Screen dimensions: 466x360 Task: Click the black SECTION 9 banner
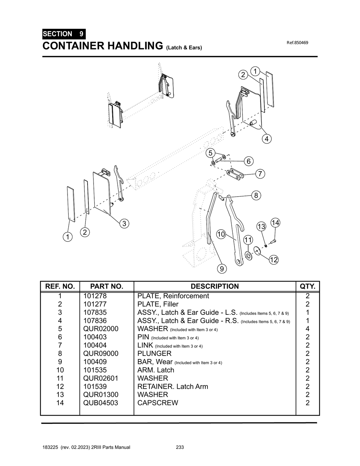coord(63,34)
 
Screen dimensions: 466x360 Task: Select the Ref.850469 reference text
coord(297,43)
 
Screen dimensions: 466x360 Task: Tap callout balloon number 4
coord(266,139)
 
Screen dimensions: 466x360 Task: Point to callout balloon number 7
coord(260,174)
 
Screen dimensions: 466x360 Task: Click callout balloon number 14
coord(275,223)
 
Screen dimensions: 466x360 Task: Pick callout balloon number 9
coord(221,269)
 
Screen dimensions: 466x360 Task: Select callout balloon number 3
coord(124,223)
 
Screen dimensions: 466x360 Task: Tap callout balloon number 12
coord(274,260)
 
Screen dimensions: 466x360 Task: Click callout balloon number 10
coord(221,234)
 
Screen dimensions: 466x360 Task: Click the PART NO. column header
coord(107,286)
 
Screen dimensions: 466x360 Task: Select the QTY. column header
coord(308,286)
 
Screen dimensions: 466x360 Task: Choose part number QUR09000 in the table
coord(101,353)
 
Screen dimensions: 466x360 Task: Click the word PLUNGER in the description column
coord(154,353)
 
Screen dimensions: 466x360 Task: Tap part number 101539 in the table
coord(95,387)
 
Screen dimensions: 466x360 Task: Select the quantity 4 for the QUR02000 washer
coord(308,329)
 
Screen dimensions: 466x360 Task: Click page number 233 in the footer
coord(180,447)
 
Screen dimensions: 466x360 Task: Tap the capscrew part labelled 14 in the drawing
coord(274,241)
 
